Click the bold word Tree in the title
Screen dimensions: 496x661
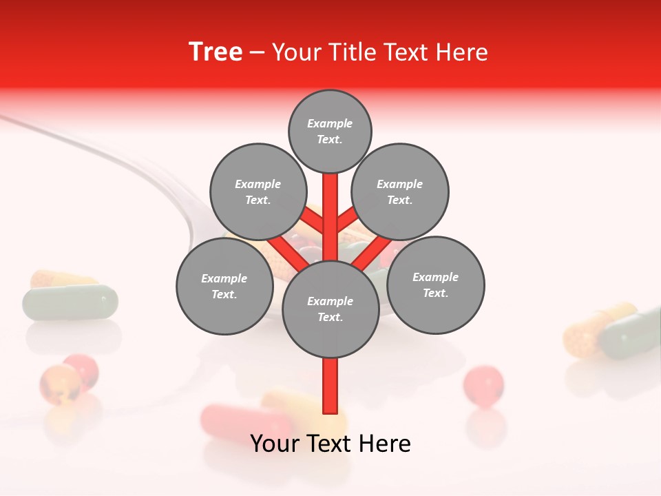(216, 52)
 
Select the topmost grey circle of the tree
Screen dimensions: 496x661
(330, 131)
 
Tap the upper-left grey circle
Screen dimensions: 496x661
(258, 192)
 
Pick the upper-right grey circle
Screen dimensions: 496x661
(399, 192)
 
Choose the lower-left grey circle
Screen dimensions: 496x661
(224, 286)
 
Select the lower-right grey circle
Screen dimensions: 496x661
(435, 285)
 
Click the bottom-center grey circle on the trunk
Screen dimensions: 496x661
(330, 309)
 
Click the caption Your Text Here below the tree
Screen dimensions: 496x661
(330, 444)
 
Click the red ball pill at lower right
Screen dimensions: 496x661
(483, 384)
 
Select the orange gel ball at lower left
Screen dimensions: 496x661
(59, 383)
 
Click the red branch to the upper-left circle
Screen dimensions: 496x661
(311, 220)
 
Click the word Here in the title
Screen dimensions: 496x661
(461, 52)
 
